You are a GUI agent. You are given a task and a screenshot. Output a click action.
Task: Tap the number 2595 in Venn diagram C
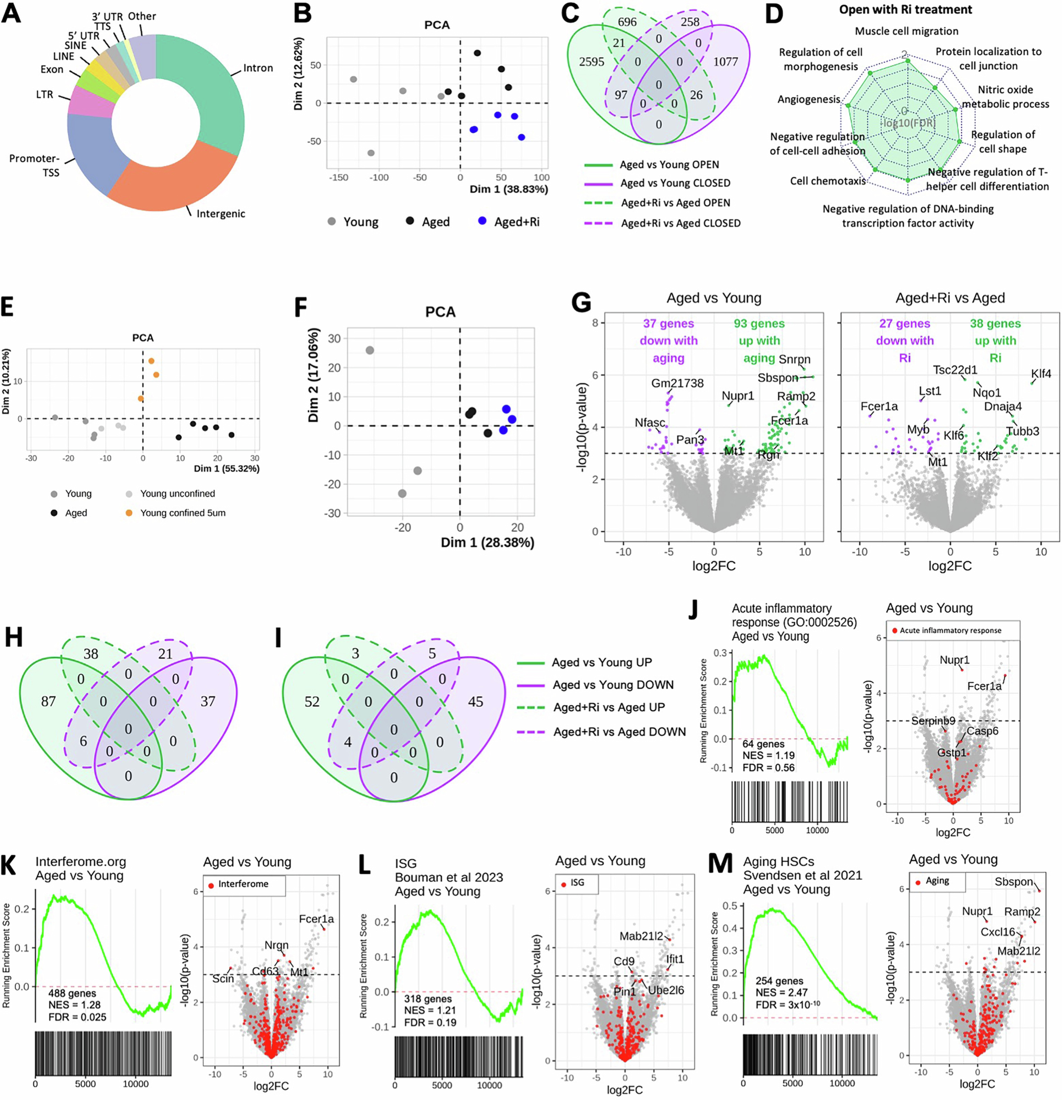click(591, 62)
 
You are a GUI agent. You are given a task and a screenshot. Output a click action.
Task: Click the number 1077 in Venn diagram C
click(725, 62)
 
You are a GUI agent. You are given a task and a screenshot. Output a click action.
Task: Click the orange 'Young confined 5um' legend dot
click(129, 512)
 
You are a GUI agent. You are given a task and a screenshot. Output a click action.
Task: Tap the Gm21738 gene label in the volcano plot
click(677, 383)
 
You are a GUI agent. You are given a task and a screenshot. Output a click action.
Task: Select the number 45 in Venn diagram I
click(475, 701)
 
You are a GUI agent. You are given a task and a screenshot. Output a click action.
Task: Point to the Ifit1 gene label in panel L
click(675, 959)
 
